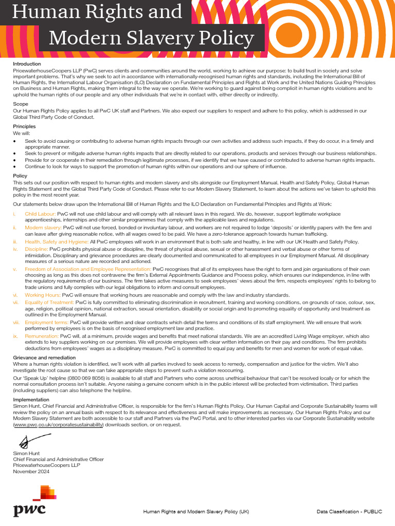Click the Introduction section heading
pyautogui.click(x=27, y=64)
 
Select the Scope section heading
pyautogui.click(x=21, y=104)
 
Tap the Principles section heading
pyautogui.click(x=24, y=126)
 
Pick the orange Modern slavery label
pyautogui.click(x=42, y=227)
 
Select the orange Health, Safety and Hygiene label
pyautogui.click(x=57, y=241)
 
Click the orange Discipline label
pyautogui.click(x=36, y=249)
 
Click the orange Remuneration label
pyautogui.click(x=41, y=336)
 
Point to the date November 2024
pyautogui.click(x=31, y=471)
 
